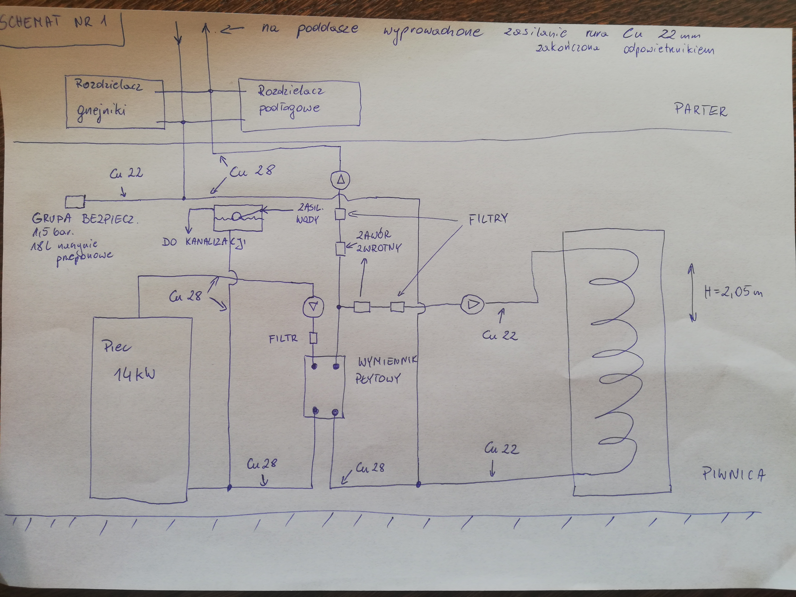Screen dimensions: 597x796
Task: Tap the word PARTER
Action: tap(700, 110)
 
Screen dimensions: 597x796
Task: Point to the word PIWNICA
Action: tap(733, 474)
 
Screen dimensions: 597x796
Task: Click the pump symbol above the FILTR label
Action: tap(313, 307)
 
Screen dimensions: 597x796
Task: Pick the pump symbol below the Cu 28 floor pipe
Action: tap(340, 179)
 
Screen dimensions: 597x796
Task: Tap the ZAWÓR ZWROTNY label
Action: tap(378, 241)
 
